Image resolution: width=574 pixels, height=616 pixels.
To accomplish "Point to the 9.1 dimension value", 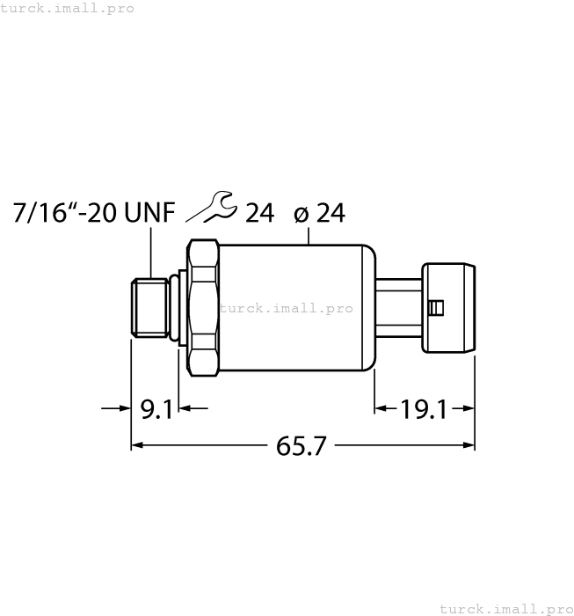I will click(x=157, y=408).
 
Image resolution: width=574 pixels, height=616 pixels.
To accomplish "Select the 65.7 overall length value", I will click(x=302, y=446).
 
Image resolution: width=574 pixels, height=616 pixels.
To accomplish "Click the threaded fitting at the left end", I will click(x=149, y=307).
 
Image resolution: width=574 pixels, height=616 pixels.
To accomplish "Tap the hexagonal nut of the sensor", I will click(x=201, y=307).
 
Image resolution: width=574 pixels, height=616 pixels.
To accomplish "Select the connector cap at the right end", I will click(x=450, y=307).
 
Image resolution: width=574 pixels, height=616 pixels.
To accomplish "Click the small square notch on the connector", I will click(x=436, y=307).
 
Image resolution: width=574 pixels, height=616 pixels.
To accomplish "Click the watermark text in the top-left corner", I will click(x=68, y=8).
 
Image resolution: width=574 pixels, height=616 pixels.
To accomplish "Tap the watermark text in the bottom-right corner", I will click(x=505, y=608).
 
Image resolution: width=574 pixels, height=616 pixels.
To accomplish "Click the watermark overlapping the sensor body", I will click(x=286, y=308).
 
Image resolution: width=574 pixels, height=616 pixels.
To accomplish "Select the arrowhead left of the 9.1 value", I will click(x=122, y=408).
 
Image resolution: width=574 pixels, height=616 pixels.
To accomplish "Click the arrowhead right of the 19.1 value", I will click(x=468, y=408).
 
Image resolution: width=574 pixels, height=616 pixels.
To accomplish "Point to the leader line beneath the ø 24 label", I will click(x=309, y=234).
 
